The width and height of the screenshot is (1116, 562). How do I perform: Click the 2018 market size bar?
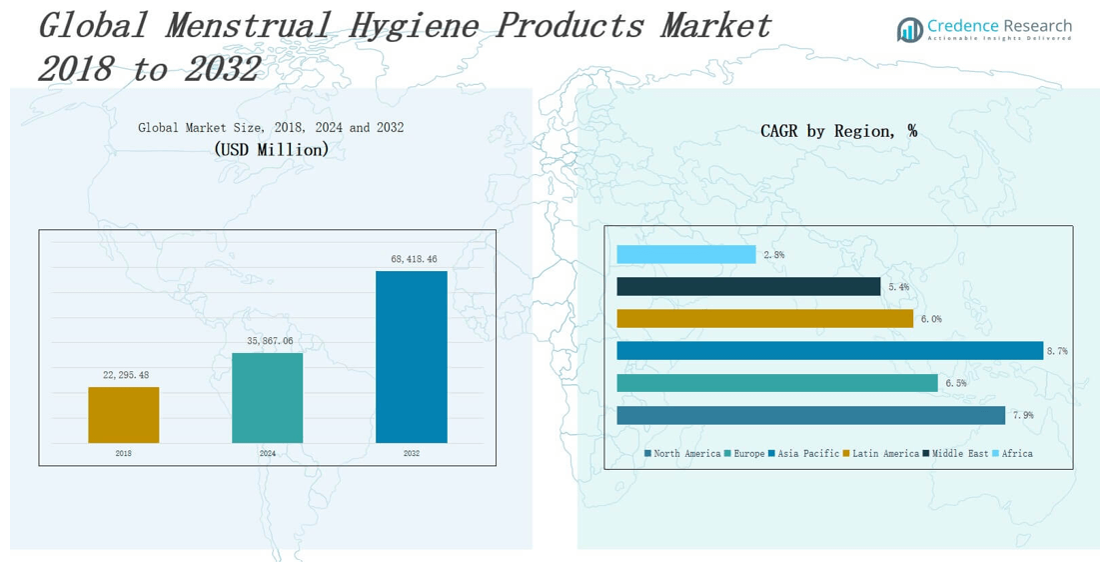(x=123, y=414)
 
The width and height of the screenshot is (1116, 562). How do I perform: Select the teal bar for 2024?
(x=267, y=397)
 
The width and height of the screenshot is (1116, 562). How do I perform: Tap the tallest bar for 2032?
(x=411, y=356)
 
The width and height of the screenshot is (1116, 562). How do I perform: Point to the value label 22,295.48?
(x=126, y=375)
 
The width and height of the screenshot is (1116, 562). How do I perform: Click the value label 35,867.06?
(x=270, y=341)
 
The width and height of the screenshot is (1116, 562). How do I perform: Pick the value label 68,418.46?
(x=414, y=259)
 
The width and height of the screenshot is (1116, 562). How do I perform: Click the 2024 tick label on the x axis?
(x=268, y=453)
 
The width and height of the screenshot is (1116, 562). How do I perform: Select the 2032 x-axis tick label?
(x=412, y=453)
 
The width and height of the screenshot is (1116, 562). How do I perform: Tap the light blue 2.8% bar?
(x=685, y=255)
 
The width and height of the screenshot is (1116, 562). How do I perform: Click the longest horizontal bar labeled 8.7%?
(x=829, y=351)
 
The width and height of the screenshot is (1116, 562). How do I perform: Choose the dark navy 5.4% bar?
(x=748, y=287)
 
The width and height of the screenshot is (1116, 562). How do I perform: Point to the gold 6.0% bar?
(x=764, y=319)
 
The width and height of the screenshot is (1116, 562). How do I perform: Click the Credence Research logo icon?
(x=909, y=30)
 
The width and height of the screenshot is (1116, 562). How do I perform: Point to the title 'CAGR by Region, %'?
(x=838, y=131)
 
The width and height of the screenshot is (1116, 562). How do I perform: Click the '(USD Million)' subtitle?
(x=271, y=149)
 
